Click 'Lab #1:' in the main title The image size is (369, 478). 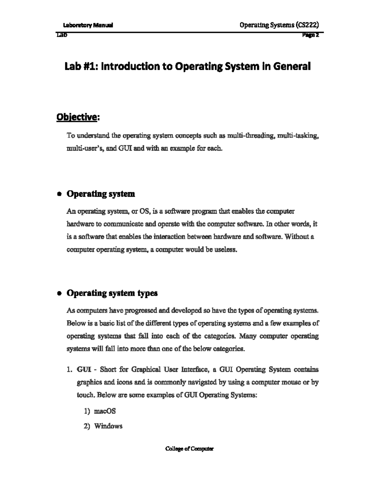pos(81,66)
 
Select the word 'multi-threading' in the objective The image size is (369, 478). pos(253,136)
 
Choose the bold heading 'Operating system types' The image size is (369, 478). pos(112,293)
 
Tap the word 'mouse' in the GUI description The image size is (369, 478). pos(291,382)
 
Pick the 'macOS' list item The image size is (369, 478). pos(105,411)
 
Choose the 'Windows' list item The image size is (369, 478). pos(108,426)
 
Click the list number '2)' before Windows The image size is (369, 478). pos(87,426)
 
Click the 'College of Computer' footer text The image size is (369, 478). pos(189,449)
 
